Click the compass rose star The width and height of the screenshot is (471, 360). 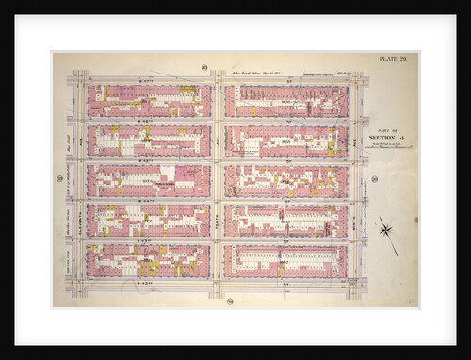386,229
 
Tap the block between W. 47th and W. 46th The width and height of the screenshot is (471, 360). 149,101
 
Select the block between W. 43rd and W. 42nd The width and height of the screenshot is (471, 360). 149,261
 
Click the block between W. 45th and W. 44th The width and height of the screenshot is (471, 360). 149,181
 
